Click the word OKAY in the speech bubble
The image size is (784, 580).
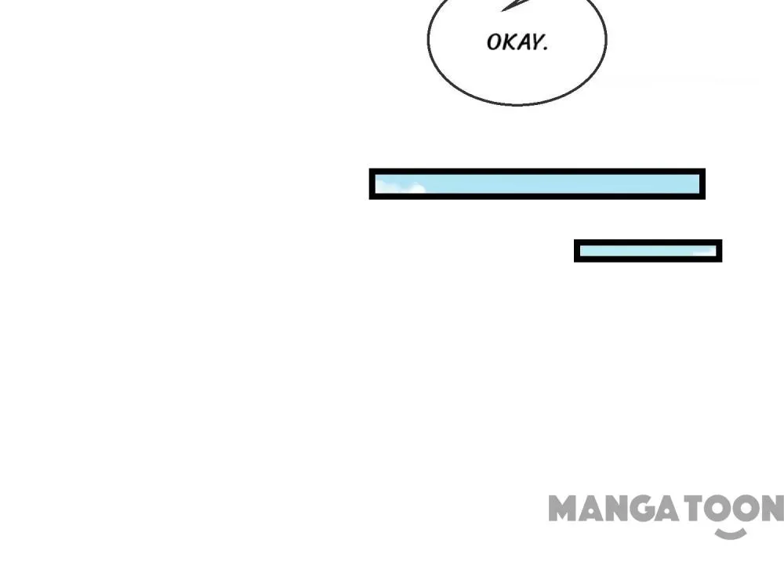[517, 42]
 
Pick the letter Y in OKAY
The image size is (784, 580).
[536, 42]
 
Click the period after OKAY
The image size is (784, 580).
[545, 48]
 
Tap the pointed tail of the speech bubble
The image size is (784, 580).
[510, 5]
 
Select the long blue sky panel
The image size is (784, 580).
[537, 184]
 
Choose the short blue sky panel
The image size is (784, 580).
[648, 251]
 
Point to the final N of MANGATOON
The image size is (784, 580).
[771, 509]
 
